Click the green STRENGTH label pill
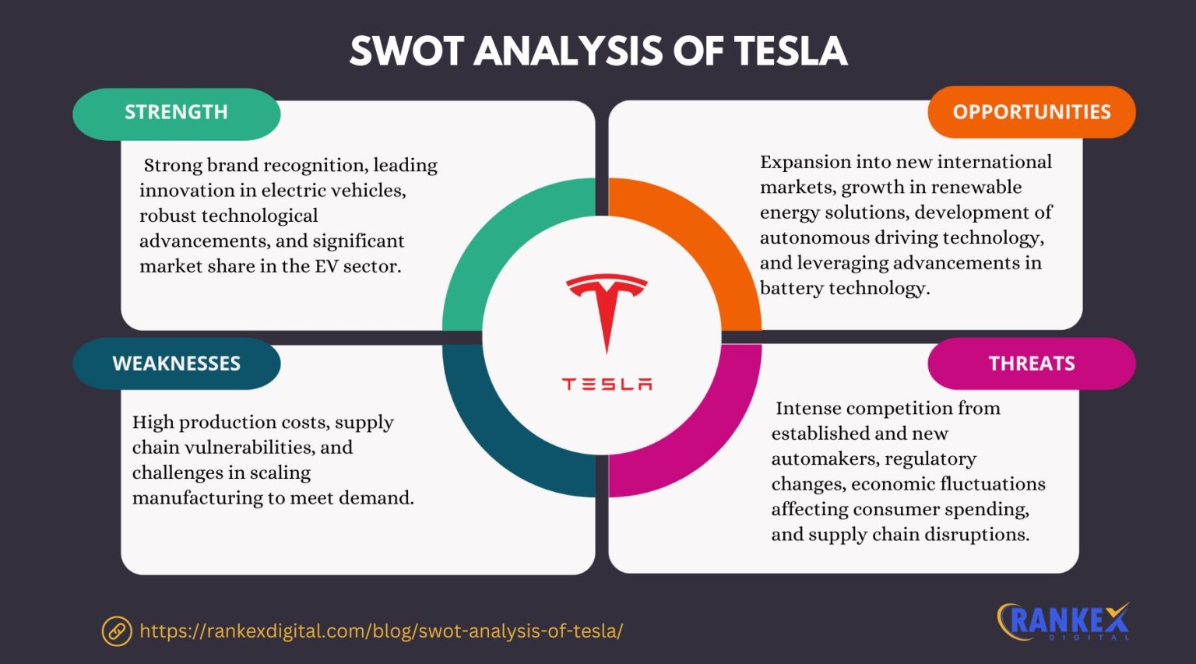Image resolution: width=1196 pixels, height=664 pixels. pos(176,113)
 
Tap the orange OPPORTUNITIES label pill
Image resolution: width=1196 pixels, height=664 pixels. pos(1031,112)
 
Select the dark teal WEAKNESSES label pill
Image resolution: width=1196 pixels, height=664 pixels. pos(176,364)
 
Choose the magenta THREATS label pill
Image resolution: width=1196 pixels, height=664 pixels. pos(1031,364)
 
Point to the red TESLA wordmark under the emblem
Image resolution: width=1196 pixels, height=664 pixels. pos(607,384)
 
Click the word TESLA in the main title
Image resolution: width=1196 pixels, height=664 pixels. pos(790,51)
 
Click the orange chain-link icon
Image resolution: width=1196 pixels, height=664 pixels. pos(117,631)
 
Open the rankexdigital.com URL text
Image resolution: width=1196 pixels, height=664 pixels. pos(381,631)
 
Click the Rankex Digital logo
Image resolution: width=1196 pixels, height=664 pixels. pos(1064,621)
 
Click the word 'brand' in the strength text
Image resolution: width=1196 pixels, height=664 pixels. pos(234,165)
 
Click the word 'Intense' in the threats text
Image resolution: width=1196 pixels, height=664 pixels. pos(807,408)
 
